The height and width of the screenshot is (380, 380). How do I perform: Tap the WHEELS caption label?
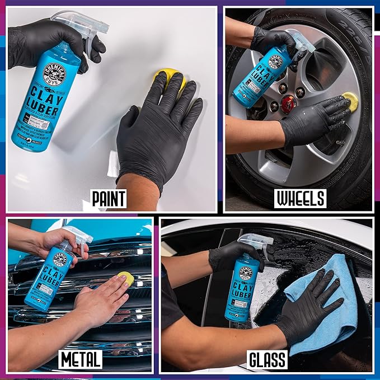299,198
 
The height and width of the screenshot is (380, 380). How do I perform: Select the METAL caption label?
81,359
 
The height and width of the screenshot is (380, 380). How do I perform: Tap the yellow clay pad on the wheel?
351,99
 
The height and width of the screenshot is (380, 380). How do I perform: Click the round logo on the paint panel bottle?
55,74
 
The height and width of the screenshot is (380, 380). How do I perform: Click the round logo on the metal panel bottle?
60,259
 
